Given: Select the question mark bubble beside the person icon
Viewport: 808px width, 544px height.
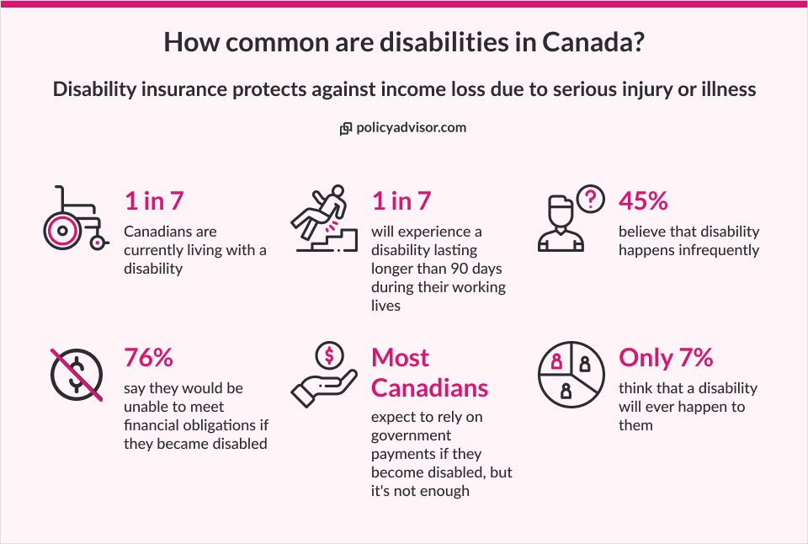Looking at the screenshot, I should coord(593,199).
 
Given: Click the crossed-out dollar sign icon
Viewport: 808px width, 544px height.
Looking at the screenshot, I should coord(75,374).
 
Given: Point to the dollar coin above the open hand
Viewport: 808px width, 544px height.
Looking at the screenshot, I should coord(329,356).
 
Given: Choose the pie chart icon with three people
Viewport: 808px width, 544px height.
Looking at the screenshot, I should coord(571,374).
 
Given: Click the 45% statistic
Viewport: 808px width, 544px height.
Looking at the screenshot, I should coord(643,200).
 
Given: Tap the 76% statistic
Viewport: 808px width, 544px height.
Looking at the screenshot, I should coord(148,357).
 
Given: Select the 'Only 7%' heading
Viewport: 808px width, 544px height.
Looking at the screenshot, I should coord(666,357).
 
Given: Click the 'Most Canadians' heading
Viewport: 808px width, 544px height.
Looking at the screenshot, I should coord(429,372).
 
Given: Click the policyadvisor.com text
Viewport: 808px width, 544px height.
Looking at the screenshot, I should coord(411,128).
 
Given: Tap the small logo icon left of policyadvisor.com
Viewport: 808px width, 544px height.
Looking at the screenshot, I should coord(346,129).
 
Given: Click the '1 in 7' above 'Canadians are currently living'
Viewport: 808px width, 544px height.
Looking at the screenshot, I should coord(154,200).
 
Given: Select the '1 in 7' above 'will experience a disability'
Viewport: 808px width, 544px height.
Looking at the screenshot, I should coord(401,200).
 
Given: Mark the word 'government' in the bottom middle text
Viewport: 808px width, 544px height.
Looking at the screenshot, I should coord(411,435).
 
